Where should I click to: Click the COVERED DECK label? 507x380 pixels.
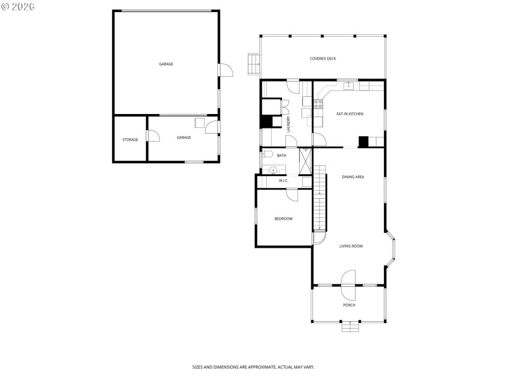click(x=323, y=59)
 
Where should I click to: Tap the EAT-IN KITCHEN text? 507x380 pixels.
click(x=349, y=114)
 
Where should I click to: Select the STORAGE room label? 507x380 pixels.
click(x=130, y=139)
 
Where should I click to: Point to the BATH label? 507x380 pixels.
click(x=281, y=155)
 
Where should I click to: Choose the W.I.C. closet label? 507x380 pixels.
click(x=283, y=181)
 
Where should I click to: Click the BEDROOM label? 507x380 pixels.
click(x=283, y=218)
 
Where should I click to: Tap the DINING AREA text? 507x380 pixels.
click(x=352, y=177)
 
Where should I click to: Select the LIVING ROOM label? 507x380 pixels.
click(x=350, y=246)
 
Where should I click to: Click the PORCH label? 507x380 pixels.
click(x=349, y=305)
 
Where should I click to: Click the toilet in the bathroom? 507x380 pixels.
click(x=267, y=155)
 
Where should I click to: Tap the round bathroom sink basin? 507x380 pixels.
click(x=273, y=170)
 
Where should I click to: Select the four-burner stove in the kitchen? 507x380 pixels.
click(x=318, y=103)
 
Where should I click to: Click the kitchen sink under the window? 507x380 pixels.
click(x=348, y=85)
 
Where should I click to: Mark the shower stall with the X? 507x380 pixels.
click(x=305, y=161)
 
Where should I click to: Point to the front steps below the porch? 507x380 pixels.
click(x=349, y=327)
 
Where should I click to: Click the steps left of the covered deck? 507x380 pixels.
click(x=253, y=64)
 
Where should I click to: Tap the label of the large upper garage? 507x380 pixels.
click(x=166, y=64)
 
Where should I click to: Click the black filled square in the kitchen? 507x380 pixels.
click(x=363, y=142)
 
